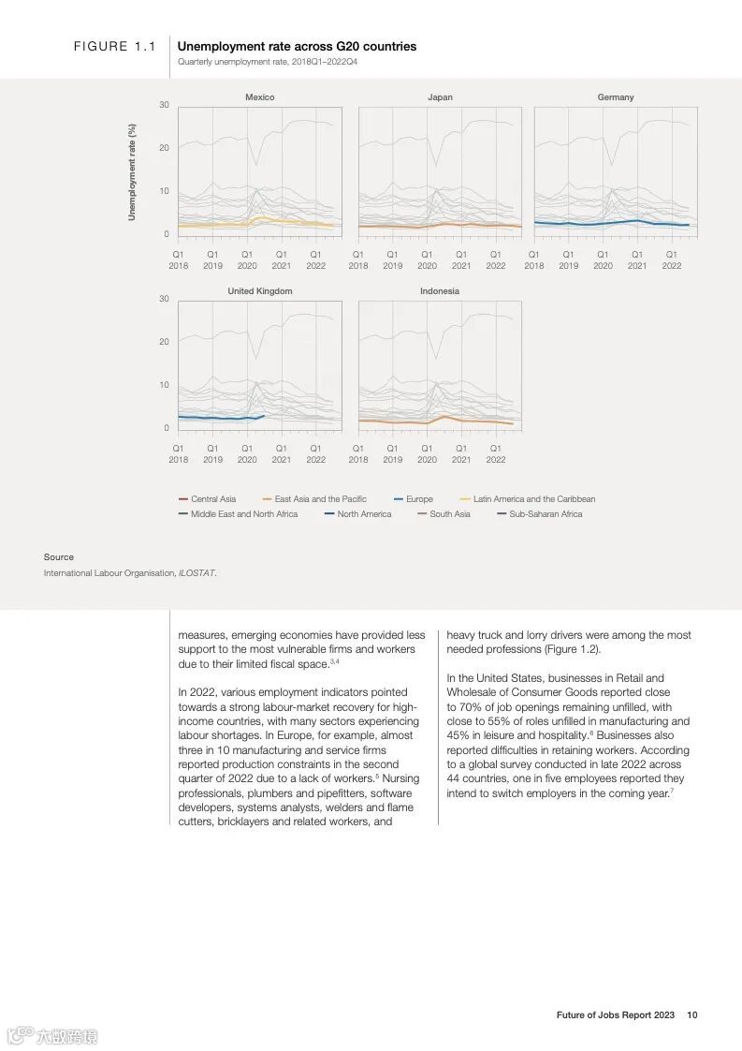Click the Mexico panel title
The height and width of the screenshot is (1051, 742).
(259, 97)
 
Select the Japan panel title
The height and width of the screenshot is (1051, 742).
(440, 97)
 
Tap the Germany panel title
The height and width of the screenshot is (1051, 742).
(616, 97)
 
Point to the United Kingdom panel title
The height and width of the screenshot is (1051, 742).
(259, 291)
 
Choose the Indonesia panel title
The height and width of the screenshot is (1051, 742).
(440, 291)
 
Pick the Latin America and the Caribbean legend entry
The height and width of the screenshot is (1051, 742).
(533, 499)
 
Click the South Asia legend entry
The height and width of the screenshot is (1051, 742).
(450, 514)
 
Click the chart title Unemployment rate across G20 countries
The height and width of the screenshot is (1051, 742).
(297, 46)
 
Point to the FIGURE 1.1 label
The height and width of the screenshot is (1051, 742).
(114, 47)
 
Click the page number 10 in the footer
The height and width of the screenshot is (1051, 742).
(692, 1014)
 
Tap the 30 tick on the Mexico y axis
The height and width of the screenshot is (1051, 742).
(164, 105)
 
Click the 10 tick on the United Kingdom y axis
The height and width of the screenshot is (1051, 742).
(164, 385)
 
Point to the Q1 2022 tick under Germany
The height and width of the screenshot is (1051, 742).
(672, 259)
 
